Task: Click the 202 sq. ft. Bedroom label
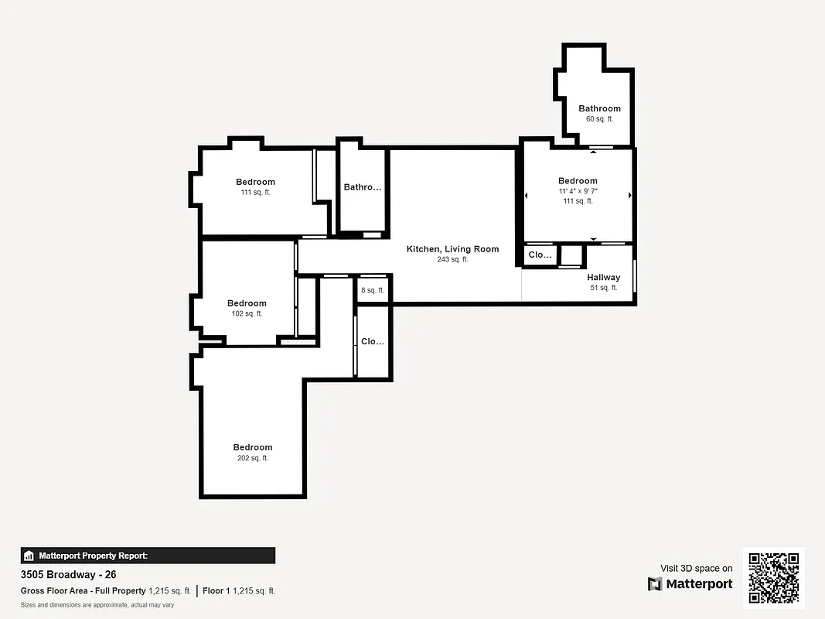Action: pos(253,447)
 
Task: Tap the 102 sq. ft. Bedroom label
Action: pos(247,303)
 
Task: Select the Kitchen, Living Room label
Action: pos(452,249)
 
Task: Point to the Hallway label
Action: pos(603,277)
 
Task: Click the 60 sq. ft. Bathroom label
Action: pos(599,108)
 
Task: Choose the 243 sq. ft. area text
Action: pos(452,260)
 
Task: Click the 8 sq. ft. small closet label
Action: pos(373,291)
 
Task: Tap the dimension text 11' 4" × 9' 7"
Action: pos(578,191)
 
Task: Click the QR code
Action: pos(774,577)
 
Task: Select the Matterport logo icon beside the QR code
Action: pos(656,584)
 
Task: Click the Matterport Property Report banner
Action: pos(148,556)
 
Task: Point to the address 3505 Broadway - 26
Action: pos(68,575)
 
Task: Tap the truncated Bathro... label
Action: pos(363,187)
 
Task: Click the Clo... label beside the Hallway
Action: pos(540,255)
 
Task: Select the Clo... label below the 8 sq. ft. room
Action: pos(373,341)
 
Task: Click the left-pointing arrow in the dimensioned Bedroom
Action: pos(527,196)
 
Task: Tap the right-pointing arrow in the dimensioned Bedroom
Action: pos(629,196)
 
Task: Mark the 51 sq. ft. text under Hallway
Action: pos(603,288)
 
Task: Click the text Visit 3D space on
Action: pos(696,569)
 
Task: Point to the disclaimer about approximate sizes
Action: pos(97,605)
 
